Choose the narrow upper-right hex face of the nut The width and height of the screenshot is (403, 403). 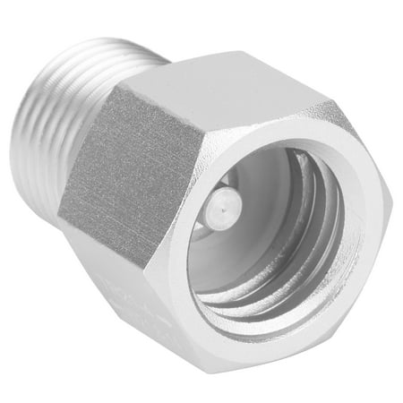tap(354, 134)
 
